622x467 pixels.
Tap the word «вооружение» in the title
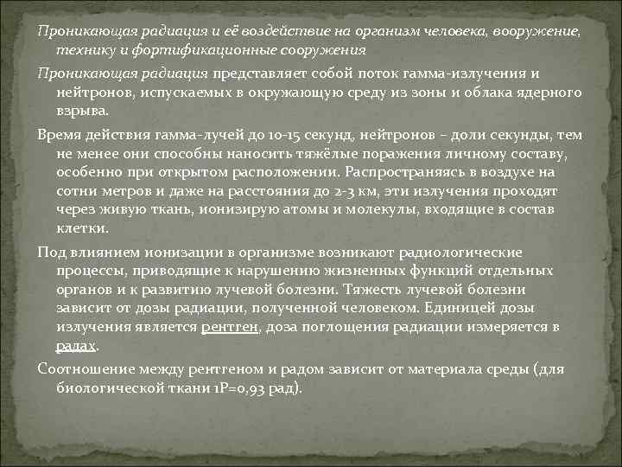point(536,31)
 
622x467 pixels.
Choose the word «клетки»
point(82,229)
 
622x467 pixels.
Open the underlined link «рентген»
point(231,327)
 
